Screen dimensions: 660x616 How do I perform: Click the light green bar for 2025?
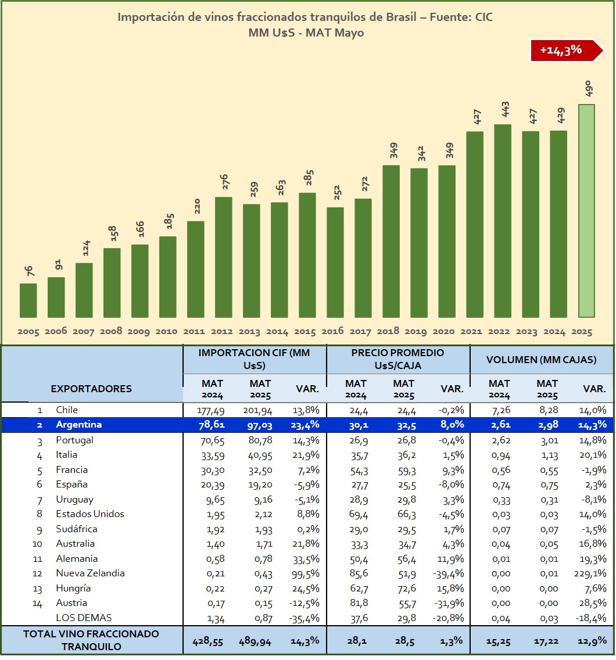[x=586, y=210]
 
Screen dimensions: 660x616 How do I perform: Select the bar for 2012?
[x=224, y=257]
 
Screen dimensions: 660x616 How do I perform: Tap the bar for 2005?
[x=28, y=300]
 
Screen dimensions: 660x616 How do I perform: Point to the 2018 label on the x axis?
[x=388, y=331]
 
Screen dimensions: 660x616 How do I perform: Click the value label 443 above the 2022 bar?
[x=506, y=112]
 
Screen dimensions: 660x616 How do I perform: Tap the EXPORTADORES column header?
[x=91, y=389]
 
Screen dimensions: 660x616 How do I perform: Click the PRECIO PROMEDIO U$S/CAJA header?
[x=397, y=359]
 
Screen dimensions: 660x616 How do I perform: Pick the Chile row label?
[x=67, y=410]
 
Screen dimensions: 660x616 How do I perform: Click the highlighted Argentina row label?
[x=78, y=425]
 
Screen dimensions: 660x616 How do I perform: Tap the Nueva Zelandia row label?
[x=90, y=573]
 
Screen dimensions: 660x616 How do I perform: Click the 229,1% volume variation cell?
[x=591, y=573]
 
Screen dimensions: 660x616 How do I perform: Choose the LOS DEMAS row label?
[x=84, y=618]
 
